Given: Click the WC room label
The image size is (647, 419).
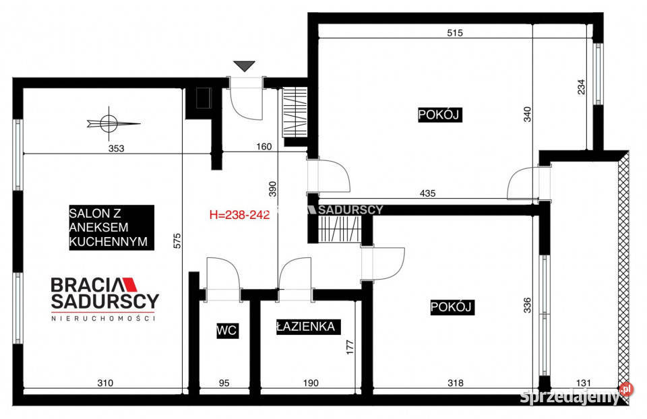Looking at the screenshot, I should (x=227, y=330).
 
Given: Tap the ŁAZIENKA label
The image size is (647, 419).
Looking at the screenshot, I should (x=305, y=327).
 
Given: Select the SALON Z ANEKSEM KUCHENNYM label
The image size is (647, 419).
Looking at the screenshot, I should (x=111, y=228).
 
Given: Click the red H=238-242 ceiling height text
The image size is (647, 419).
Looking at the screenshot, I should (x=240, y=216).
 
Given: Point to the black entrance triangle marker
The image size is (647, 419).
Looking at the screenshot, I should (x=244, y=66).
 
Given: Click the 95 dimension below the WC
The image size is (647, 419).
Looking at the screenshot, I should (x=224, y=383).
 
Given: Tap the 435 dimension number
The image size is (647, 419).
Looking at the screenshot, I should (x=427, y=193).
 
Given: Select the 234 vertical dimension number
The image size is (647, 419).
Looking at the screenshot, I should (x=582, y=88).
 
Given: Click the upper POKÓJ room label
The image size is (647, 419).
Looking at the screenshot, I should (x=439, y=115).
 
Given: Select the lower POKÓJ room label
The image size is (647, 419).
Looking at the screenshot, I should (x=452, y=307).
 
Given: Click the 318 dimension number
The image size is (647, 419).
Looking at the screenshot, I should (x=456, y=383).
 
